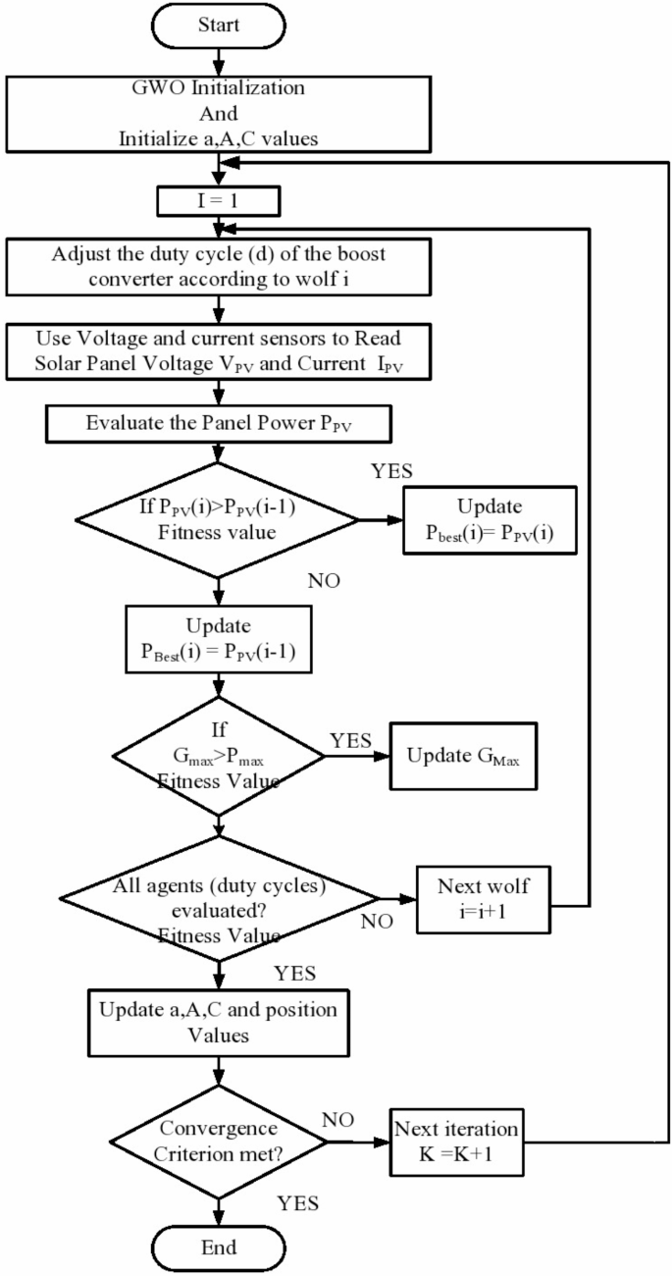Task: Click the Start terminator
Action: pos(218,24)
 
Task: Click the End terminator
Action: pos(218,1248)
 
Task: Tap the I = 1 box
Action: pos(218,201)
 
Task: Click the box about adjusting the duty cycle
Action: pos(218,265)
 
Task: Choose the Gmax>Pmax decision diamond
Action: pos(218,757)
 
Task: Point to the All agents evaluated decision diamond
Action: pos(218,898)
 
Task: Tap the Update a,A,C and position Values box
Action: pos(218,1022)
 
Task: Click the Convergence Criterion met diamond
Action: pos(218,1142)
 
